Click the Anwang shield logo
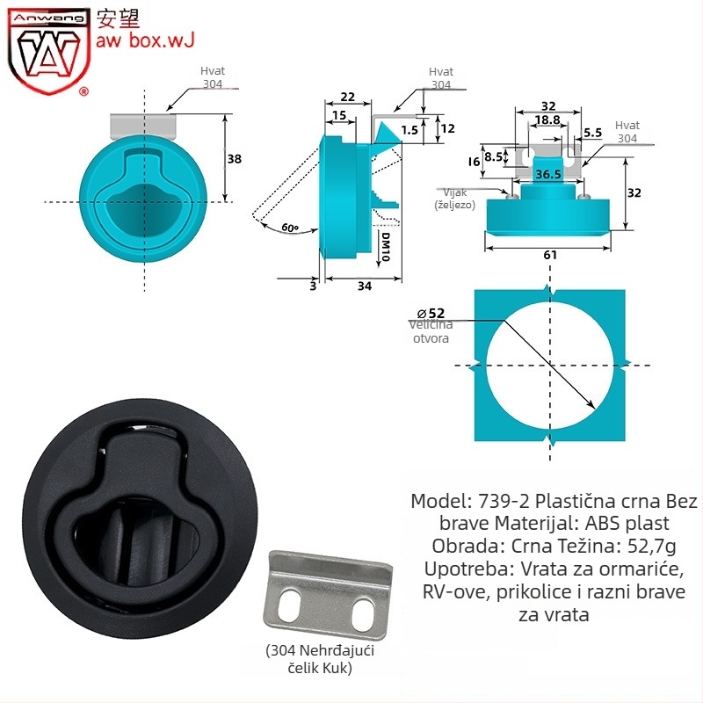(48, 52)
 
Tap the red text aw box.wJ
(145, 40)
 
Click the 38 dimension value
(234, 159)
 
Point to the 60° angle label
(290, 228)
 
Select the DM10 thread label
(386, 247)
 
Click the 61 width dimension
(550, 255)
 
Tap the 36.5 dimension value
(548, 174)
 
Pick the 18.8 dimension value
(547, 120)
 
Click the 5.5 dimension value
(592, 133)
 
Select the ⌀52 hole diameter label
(431, 314)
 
